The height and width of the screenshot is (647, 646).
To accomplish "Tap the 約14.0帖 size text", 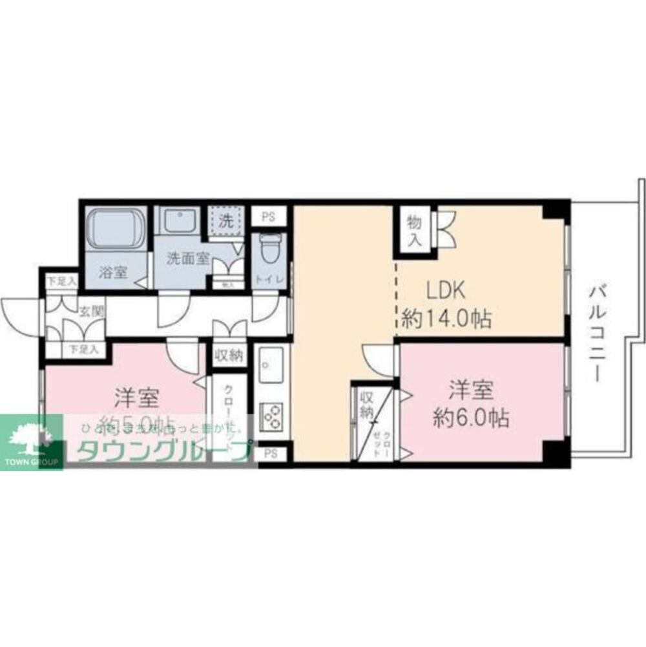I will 446,318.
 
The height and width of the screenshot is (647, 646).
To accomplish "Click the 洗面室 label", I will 187,259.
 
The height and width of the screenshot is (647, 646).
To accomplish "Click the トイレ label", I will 267,280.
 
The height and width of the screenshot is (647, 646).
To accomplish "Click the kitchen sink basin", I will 271,365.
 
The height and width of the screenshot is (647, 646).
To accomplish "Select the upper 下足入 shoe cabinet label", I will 61,281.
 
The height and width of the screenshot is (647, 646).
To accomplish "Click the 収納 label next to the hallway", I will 228,354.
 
